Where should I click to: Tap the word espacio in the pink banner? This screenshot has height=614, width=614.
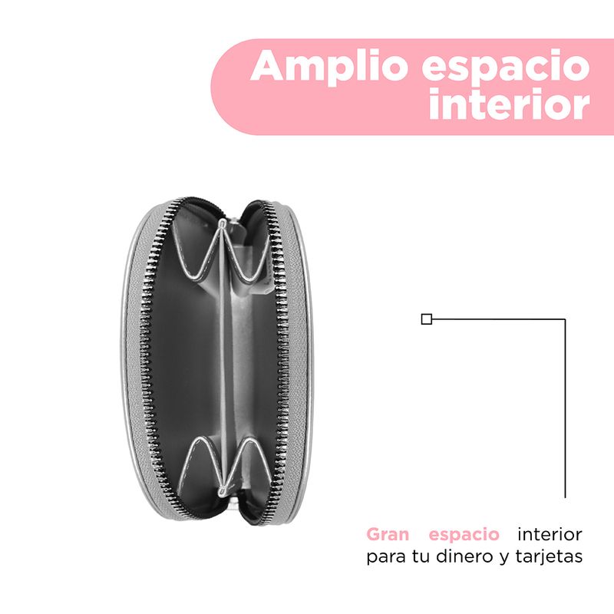click(506, 67)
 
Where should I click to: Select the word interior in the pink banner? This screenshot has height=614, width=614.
click(509, 104)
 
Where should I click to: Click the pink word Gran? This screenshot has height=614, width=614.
click(388, 534)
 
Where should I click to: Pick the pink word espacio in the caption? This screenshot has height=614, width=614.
click(464, 535)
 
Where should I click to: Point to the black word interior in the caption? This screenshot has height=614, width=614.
click(550, 534)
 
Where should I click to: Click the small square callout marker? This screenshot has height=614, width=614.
click(427, 319)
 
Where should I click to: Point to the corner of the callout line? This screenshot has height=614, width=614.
click(565, 319)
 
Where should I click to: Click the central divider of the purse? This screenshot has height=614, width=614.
click(223, 356)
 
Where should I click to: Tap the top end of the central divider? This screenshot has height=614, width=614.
click(222, 223)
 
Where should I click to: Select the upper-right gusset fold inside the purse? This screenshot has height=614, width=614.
click(247, 254)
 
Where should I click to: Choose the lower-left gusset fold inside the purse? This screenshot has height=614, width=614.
click(203, 462)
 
